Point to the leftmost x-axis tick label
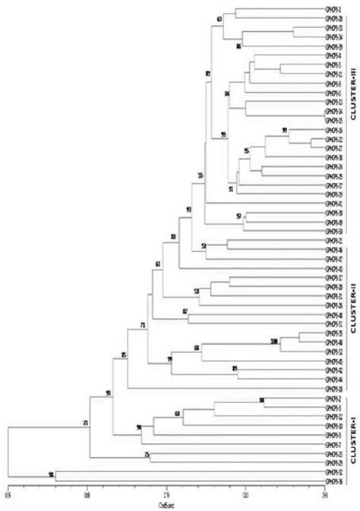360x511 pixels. click(x=8, y=496)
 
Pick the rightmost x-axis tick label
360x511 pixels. click(x=324, y=496)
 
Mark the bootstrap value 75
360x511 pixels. click(x=146, y=454)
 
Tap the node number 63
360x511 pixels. click(x=219, y=19)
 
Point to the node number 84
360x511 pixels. click(x=227, y=93)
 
